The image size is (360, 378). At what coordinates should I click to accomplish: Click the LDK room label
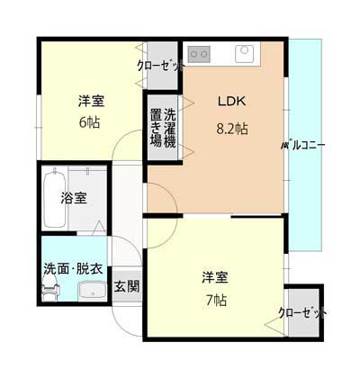click(x=231, y=101)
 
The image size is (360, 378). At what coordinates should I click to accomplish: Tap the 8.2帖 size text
click(x=232, y=129)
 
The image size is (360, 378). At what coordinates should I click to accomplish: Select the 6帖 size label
click(x=89, y=122)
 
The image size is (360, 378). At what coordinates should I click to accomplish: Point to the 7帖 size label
click(x=216, y=300)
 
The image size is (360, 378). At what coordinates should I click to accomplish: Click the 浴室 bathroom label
click(x=74, y=198)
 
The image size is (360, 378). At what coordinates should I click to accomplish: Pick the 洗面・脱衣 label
click(x=73, y=268)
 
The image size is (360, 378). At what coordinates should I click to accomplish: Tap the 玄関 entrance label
click(x=127, y=287)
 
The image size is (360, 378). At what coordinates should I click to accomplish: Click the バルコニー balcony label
click(x=303, y=146)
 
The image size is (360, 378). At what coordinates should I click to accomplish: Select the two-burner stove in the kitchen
click(x=199, y=54)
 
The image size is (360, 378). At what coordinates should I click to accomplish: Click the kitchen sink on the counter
click(x=243, y=54)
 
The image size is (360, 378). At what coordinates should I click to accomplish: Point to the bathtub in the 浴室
click(x=55, y=199)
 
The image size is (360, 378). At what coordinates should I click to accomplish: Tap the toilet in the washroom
click(x=50, y=288)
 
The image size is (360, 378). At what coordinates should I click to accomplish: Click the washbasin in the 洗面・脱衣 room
click(x=93, y=291)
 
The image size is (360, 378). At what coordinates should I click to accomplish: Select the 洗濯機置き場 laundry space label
click(x=163, y=128)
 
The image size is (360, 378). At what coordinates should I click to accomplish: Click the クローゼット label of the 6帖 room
click(x=160, y=65)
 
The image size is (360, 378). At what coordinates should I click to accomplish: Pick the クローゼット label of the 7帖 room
click(x=302, y=313)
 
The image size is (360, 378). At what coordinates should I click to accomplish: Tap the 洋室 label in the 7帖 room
click(x=215, y=277)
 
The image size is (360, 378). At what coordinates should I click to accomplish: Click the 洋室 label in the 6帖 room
click(x=92, y=101)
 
